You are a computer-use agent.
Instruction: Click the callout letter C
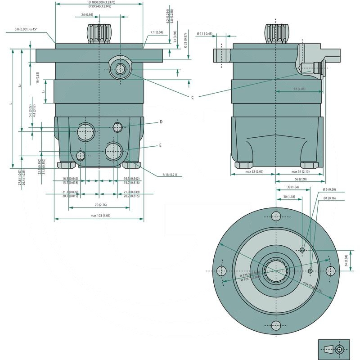[x=193, y=98]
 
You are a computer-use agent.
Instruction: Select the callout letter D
[x=160, y=122]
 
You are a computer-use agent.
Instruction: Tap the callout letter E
[x=160, y=146]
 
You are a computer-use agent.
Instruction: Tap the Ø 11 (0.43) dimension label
[x=205, y=34]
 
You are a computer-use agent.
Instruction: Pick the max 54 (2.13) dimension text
[x=300, y=171]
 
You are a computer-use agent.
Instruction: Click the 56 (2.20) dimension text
[x=300, y=179]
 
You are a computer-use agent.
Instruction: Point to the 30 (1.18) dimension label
[x=289, y=197]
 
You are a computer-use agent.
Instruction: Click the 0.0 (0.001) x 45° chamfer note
[x=26, y=29]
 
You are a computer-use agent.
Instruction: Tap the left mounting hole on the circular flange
[x=221, y=271]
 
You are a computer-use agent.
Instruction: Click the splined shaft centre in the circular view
[x=275, y=271]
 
